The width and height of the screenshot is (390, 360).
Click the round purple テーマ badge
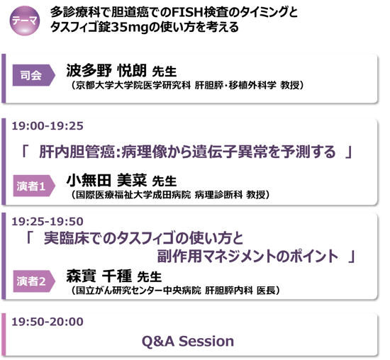click(x=24, y=21)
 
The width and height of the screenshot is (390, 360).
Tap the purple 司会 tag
click(x=34, y=75)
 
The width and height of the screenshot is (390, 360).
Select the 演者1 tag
click(x=34, y=186)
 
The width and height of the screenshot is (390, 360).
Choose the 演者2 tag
click(x=34, y=281)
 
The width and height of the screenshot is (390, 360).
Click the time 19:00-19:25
click(x=48, y=126)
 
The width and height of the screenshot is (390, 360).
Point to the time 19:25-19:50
click(x=48, y=222)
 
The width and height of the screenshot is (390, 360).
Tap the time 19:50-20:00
click(x=48, y=322)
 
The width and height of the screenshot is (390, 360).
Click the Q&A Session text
click(x=188, y=341)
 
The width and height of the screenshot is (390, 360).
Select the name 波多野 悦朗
click(x=106, y=70)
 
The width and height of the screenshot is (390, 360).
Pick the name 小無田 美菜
click(x=106, y=180)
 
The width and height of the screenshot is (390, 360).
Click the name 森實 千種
click(x=99, y=276)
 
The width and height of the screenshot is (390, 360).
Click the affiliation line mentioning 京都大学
click(x=187, y=85)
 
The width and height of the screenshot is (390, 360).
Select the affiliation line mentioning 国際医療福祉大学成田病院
click(x=170, y=195)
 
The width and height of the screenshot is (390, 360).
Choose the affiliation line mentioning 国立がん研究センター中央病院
click(x=175, y=290)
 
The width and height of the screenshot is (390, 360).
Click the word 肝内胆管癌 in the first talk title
click(x=77, y=152)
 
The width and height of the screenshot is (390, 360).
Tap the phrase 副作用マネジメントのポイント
click(x=247, y=256)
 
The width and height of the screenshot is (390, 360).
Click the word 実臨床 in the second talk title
click(x=66, y=238)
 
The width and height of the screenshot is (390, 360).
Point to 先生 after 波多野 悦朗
click(x=165, y=72)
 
